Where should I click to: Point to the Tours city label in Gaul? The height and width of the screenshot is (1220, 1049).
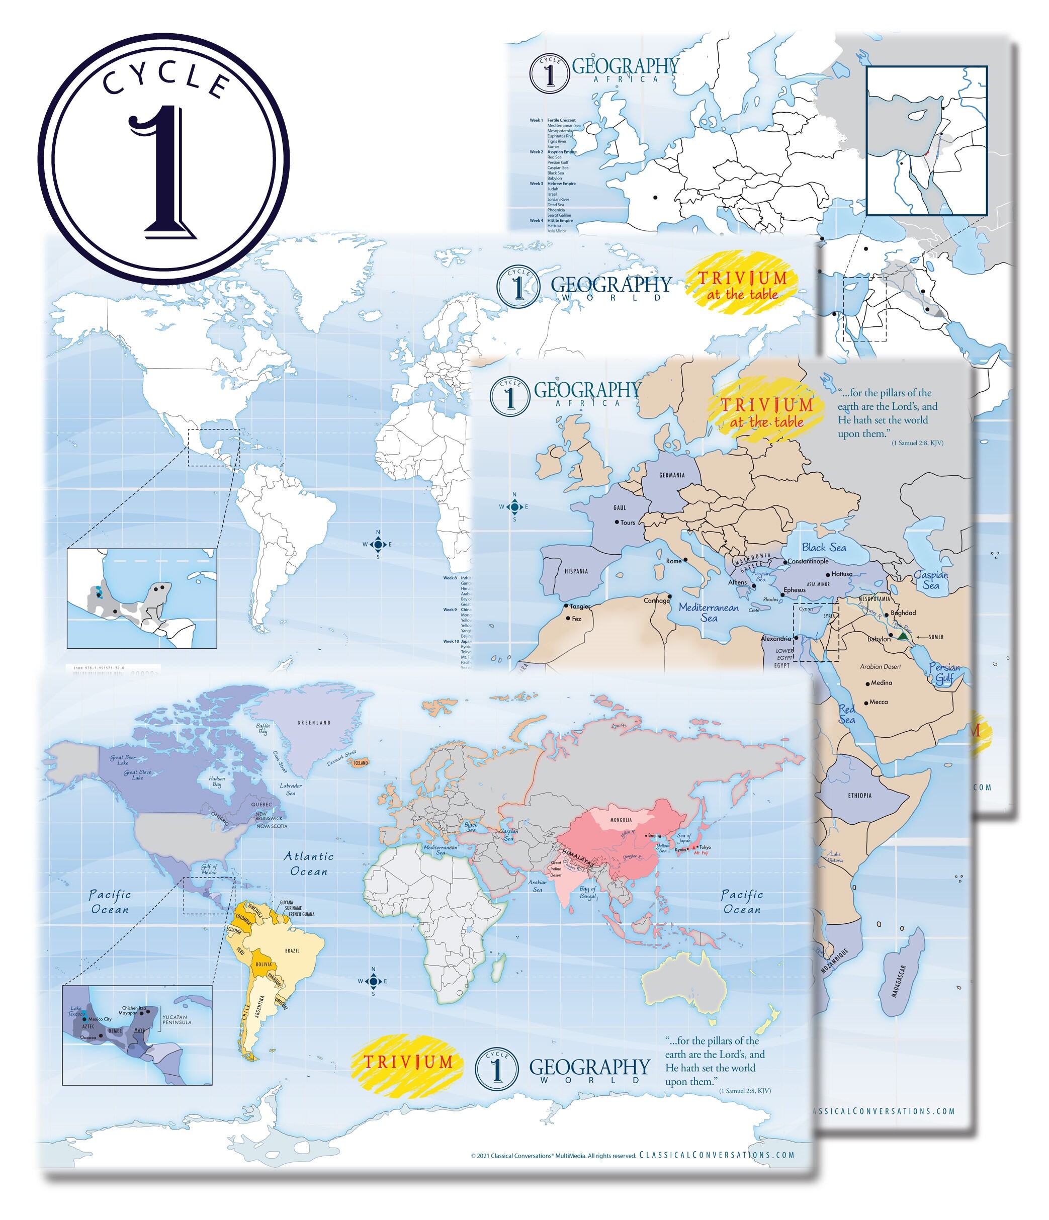point(628,522)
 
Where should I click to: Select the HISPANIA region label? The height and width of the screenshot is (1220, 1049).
point(576,571)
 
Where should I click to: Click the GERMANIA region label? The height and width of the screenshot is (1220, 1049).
point(672,475)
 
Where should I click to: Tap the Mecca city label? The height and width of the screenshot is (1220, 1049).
point(879,702)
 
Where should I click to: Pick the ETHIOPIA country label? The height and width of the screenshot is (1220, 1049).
point(860,796)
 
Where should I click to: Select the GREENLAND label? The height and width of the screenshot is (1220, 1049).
point(314,723)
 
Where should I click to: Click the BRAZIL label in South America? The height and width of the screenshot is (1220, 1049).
point(293,951)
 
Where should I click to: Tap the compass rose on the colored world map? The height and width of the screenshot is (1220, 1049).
point(373,981)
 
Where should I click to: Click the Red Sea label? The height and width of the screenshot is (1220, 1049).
point(847,714)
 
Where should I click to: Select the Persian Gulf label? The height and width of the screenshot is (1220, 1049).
point(944,672)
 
